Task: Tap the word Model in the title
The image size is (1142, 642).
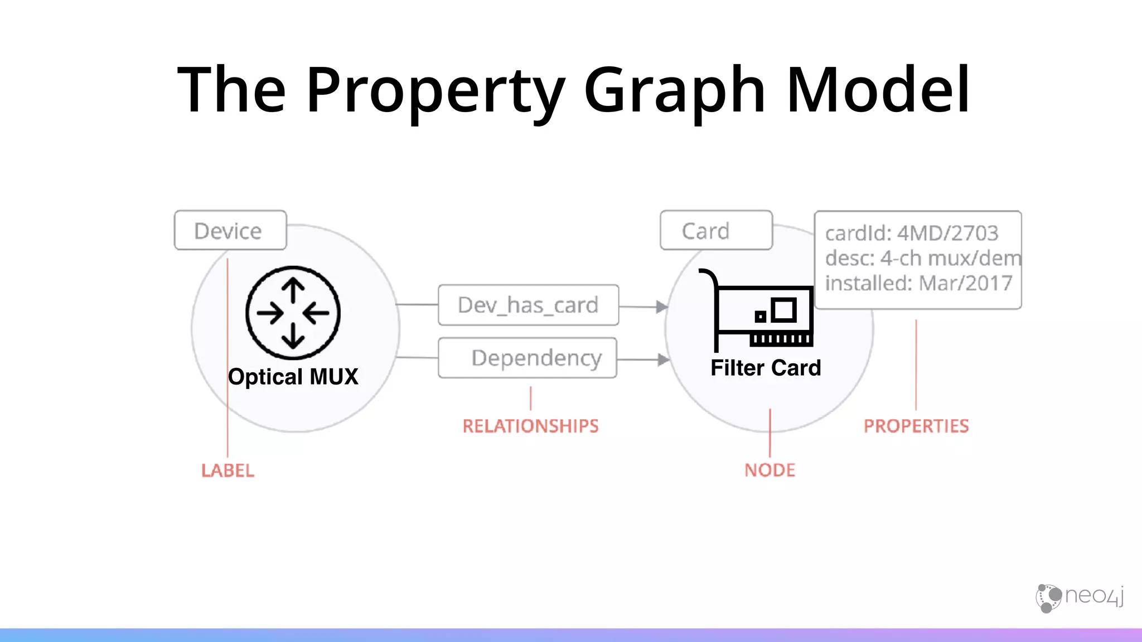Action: point(878,89)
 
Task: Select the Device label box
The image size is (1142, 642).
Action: point(230,230)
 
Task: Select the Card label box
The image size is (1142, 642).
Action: point(716,230)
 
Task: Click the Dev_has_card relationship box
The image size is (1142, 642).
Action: point(528,305)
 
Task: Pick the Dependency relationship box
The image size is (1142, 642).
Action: point(528,358)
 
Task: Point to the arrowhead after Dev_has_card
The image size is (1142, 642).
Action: point(662,307)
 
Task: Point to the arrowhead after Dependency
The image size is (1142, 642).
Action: point(663,359)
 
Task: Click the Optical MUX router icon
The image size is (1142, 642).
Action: point(293,313)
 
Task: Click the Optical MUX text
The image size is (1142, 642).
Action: point(293,377)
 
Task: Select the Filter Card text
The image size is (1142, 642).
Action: point(766,368)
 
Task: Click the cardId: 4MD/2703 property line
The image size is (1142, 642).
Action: point(912,233)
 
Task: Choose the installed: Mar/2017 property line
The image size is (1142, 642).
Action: point(918,283)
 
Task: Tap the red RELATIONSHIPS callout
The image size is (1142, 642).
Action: point(530,426)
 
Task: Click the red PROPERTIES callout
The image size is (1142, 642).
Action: point(916,426)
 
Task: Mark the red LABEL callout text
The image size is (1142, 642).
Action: point(228,470)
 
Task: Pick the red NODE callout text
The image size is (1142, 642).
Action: point(770,470)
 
